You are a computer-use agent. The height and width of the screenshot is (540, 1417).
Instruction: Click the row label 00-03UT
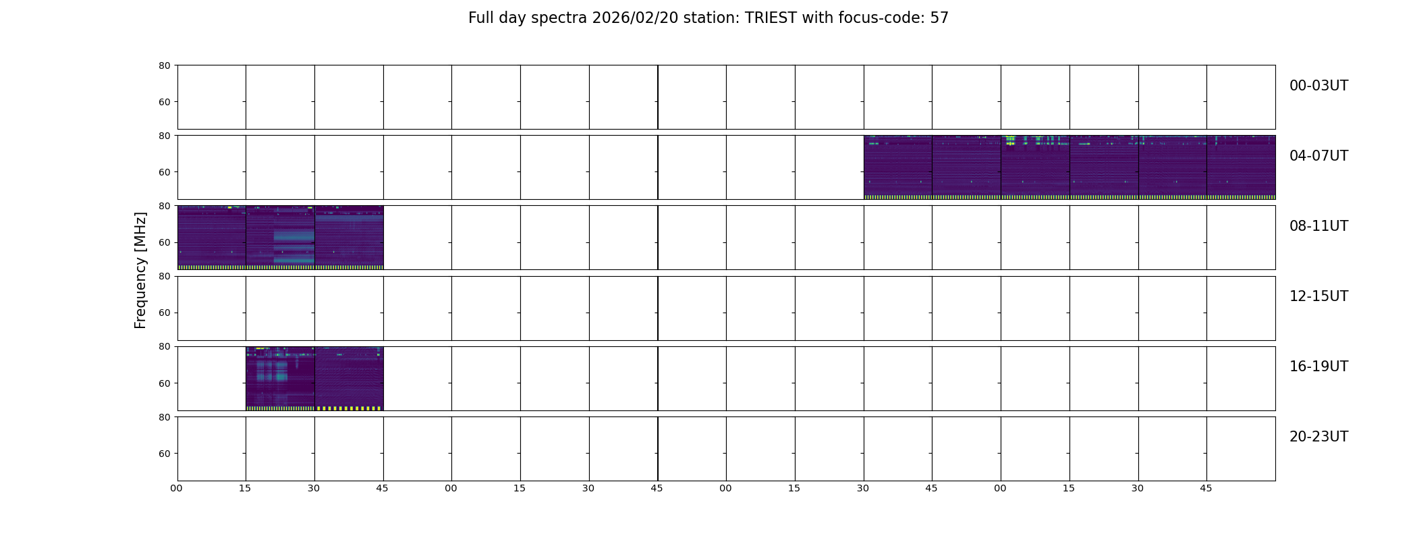[1318, 86]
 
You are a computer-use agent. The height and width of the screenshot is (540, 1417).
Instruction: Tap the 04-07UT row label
[1318, 156]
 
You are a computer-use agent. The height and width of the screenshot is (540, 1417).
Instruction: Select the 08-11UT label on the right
[1318, 226]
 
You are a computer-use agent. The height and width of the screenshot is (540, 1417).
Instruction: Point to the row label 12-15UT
[1318, 296]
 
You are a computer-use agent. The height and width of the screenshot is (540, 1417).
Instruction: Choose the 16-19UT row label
[1318, 367]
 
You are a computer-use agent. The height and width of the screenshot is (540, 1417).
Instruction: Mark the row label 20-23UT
[1318, 437]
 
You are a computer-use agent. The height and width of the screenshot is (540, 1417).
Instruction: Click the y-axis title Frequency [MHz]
[140, 270]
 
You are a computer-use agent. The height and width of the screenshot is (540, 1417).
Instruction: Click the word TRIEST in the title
[771, 18]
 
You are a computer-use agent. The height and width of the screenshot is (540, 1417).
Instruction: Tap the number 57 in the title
[939, 18]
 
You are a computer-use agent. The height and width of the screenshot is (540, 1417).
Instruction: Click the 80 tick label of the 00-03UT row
[165, 65]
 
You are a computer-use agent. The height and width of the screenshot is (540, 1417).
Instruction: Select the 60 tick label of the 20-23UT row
[165, 454]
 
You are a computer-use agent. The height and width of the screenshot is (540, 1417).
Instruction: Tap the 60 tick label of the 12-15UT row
[165, 313]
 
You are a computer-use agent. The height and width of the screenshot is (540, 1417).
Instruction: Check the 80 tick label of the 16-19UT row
[165, 347]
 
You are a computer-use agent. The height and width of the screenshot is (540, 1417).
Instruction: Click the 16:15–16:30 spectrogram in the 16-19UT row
[280, 379]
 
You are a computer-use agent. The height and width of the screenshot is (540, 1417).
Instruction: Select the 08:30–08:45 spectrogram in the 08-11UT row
[349, 238]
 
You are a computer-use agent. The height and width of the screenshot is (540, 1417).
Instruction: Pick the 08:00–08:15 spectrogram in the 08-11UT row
[212, 238]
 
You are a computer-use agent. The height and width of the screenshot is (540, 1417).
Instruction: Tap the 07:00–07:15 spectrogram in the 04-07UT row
[1035, 167]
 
